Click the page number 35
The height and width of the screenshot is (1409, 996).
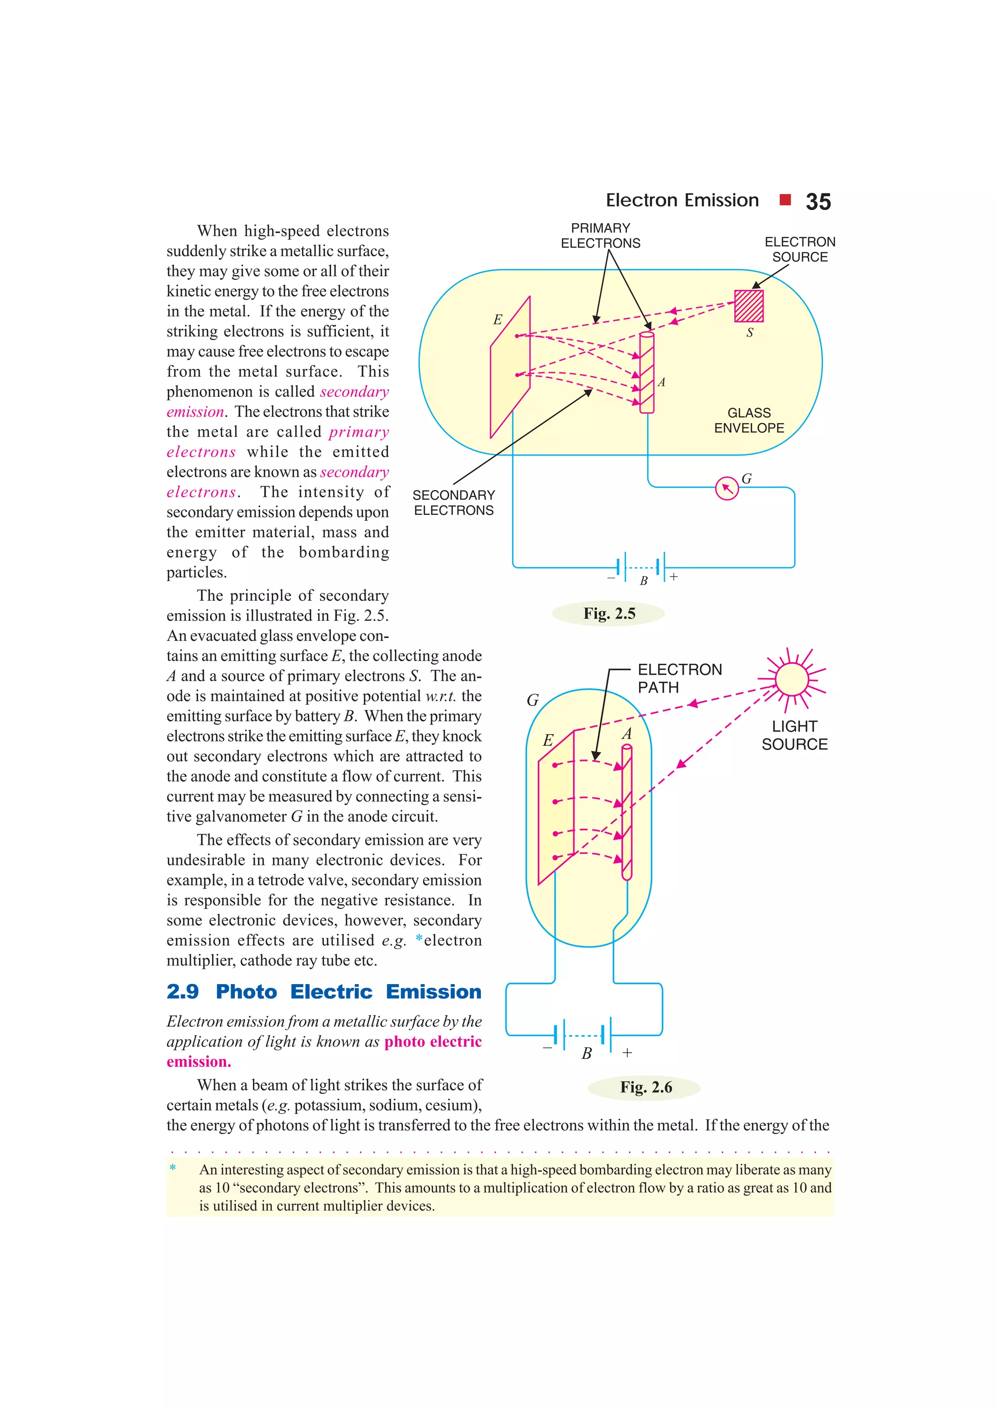(x=818, y=202)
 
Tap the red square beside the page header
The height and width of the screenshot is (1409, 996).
(x=784, y=199)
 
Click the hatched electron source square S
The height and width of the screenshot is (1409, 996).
(x=748, y=306)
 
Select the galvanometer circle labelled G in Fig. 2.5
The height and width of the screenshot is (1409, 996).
(x=727, y=489)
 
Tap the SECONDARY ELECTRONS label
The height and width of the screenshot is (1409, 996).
(x=454, y=503)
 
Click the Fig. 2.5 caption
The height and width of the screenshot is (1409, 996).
(x=609, y=613)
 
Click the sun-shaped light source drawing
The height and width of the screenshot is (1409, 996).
(x=792, y=679)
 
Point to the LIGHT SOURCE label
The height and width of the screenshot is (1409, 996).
(x=794, y=735)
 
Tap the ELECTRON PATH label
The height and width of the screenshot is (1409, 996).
(x=679, y=678)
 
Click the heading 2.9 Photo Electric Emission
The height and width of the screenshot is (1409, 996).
(x=323, y=992)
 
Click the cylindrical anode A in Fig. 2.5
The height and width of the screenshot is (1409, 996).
(x=646, y=372)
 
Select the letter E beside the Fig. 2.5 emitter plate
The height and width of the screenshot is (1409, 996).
(x=498, y=320)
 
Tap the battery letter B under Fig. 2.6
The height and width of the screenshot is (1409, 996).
(x=587, y=1053)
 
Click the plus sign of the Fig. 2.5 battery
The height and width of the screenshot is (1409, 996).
(x=674, y=577)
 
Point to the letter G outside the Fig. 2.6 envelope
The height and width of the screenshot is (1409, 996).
(x=533, y=700)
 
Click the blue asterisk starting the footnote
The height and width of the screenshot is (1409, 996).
(x=173, y=1168)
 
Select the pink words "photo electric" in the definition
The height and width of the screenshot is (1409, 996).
(x=433, y=1041)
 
